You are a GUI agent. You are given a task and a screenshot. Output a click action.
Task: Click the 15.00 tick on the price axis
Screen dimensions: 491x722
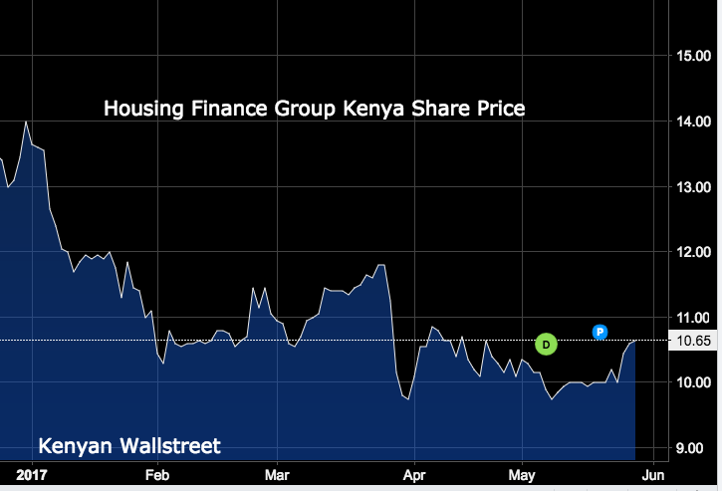tap(693, 56)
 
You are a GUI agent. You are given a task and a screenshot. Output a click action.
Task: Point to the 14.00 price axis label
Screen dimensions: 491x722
tap(693, 122)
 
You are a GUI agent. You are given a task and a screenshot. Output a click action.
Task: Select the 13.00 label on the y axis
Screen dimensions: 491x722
tap(693, 187)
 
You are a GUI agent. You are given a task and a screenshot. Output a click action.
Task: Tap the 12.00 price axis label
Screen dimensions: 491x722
tap(693, 252)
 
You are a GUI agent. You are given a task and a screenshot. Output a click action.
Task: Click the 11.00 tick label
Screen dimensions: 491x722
tap(693, 318)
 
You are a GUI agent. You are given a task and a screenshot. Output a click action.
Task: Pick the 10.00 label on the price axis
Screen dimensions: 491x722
tap(693, 382)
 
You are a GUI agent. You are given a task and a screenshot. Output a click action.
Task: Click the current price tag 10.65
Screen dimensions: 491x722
tap(693, 342)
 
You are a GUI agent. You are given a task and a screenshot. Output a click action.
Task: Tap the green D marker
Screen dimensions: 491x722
tap(545, 345)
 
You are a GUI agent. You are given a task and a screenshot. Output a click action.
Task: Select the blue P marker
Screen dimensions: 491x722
tap(600, 332)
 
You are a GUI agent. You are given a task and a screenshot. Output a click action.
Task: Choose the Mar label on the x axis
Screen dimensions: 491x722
tap(278, 475)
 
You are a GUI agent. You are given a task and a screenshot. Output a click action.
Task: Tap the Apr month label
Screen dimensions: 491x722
tap(415, 475)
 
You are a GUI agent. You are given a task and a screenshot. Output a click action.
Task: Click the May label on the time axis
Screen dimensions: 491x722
tap(522, 475)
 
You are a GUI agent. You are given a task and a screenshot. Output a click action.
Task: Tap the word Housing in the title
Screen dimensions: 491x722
tap(142, 108)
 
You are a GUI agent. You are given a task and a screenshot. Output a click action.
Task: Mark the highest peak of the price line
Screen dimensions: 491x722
tap(25, 122)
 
